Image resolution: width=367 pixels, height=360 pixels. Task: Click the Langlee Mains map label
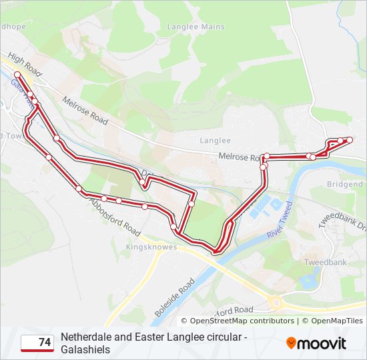[x=201, y=27]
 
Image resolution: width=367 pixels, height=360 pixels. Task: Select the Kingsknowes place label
[x=151, y=247]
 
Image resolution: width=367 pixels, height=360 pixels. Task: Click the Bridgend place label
[x=344, y=184]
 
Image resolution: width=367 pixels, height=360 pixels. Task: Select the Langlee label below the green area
[x=215, y=141]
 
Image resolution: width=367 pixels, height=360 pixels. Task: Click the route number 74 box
[x=37, y=343]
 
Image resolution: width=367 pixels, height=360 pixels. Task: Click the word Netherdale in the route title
[x=86, y=337]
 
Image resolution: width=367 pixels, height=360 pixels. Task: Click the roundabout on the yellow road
[x=276, y=303]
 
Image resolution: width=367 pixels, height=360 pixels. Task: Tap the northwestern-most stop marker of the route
[x=17, y=75]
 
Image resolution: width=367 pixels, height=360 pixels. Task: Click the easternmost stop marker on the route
[x=349, y=139]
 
